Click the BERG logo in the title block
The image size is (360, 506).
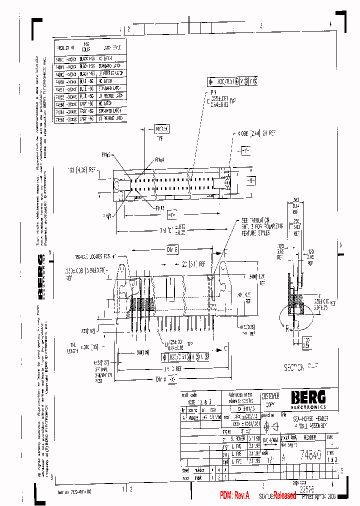click(x=308, y=397)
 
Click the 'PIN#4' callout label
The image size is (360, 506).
click(x=159, y=160)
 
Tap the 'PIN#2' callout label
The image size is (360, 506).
click(x=106, y=154)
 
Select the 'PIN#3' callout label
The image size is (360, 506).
click(x=159, y=207)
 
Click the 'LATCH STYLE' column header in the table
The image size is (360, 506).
click(x=112, y=48)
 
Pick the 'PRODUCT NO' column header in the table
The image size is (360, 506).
click(x=66, y=48)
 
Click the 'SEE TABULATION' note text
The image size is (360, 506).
click(x=256, y=220)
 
